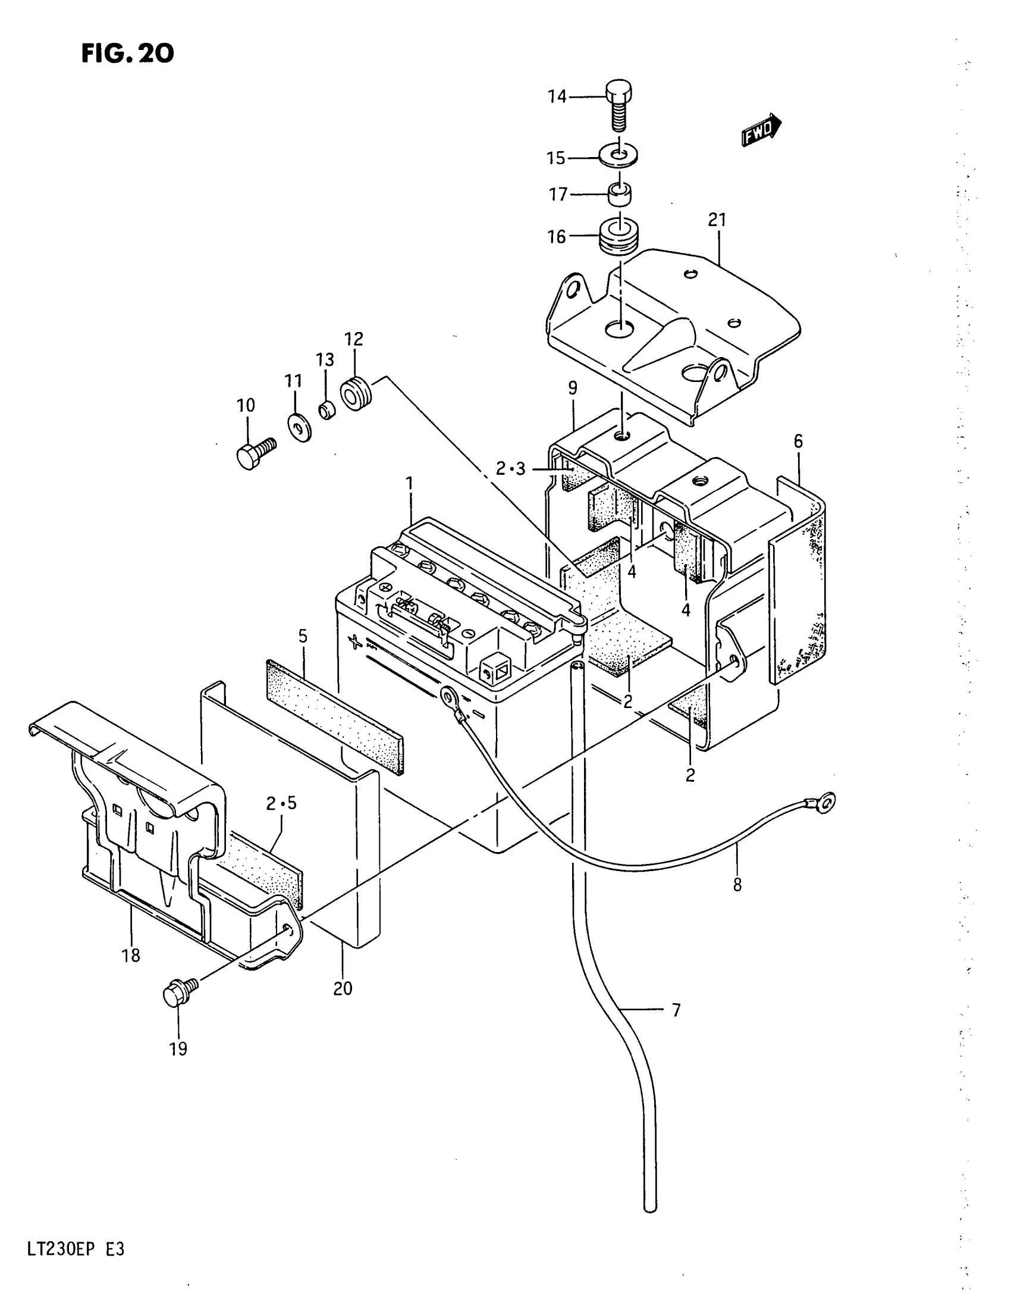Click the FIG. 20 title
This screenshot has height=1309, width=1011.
tap(127, 54)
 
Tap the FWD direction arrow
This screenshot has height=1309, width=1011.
tap(761, 130)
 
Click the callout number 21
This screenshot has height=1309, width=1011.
tap(717, 221)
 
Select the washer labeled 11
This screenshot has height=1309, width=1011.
tap(298, 427)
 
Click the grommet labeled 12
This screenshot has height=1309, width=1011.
tap(356, 394)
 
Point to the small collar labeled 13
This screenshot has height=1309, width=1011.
tap(326, 411)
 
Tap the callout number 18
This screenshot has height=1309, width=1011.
tap(131, 956)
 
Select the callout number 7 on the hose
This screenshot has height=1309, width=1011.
tap(676, 1010)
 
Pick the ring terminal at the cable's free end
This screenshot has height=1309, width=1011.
tap(827, 800)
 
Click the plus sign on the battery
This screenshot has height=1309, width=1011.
tap(356, 643)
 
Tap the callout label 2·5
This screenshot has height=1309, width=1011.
tap(281, 803)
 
